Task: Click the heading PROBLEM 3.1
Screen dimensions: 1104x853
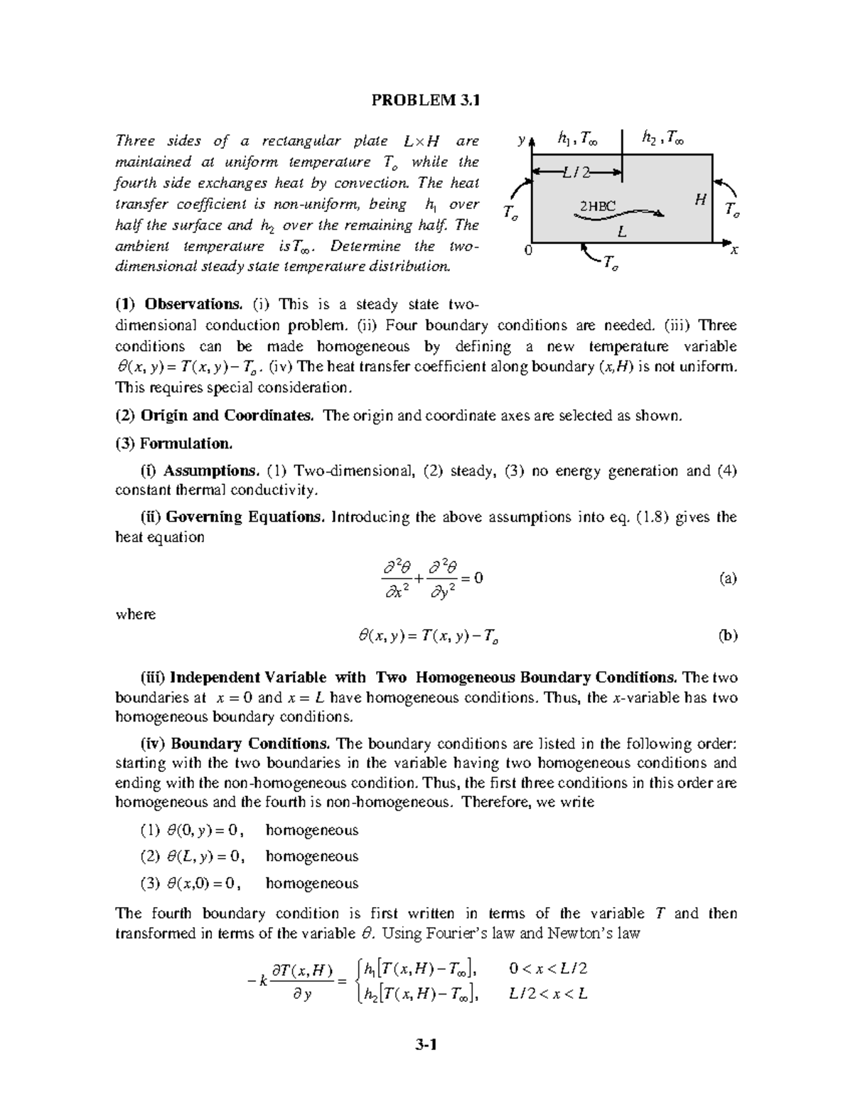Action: pyautogui.click(x=426, y=100)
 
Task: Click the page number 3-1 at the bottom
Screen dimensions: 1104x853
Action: pyautogui.click(x=426, y=1044)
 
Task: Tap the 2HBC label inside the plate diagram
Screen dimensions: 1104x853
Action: pyautogui.click(x=597, y=206)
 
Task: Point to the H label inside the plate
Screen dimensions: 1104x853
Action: pyautogui.click(x=700, y=200)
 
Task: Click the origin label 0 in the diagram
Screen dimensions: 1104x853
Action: pyautogui.click(x=527, y=251)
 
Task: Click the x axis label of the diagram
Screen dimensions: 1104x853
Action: pyautogui.click(x=734, y=250)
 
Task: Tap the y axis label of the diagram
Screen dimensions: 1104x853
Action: pyautogui.click(x=521, y=141)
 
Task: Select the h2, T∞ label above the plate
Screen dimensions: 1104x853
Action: pyautogui.click(x=662, y=139)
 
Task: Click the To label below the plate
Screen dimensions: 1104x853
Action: pyautogui.click(x=610, y=264)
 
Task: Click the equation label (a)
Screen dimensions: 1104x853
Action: pyautogui.click(x=727, y=578)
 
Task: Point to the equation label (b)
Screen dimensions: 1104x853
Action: pyautogui.click(x=727, y=636)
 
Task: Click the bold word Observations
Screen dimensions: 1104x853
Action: pyautogui.click(x=193, y=304)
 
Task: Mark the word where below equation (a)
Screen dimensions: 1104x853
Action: pyautogui.click(x=135, y=614)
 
